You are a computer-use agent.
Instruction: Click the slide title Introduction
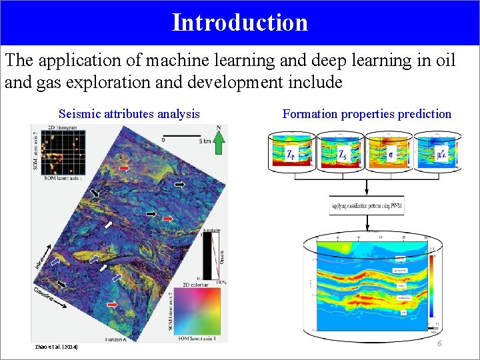240,22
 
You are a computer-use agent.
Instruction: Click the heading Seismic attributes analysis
129,114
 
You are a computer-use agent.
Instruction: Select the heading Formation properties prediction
367,114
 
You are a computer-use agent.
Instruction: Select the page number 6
439,343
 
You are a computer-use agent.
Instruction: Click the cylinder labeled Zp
291,153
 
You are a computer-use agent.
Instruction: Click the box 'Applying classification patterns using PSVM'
366,206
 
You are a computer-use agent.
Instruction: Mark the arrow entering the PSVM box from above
366,188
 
